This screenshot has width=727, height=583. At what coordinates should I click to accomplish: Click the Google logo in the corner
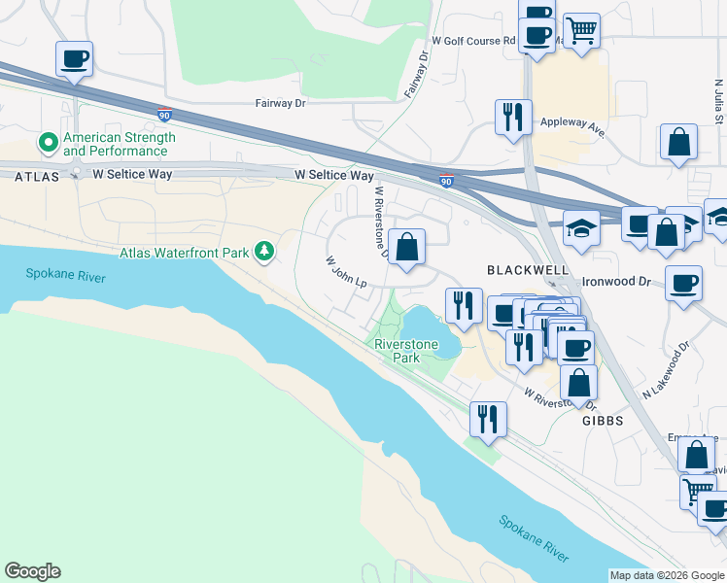point(32,571)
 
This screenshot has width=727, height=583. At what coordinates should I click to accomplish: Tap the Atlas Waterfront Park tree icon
point(263,253)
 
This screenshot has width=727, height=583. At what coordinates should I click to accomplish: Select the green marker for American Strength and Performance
point(48,144)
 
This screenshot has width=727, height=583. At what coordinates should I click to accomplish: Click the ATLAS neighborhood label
point(37,176)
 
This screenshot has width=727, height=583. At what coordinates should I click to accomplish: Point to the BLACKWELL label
point(524,268)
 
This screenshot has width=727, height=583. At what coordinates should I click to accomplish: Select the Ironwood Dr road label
point(615,281)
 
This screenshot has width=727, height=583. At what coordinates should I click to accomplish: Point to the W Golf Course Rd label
point(473,42)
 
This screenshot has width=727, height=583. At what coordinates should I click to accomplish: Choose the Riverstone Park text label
point(406,351)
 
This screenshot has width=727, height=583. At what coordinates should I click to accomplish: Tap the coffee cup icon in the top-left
point(75,59)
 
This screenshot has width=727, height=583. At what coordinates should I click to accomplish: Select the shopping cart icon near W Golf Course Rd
point(581,29)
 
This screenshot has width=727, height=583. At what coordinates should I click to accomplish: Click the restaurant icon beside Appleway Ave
point(511,117)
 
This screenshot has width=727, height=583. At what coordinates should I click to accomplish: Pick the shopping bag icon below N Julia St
point(678,141)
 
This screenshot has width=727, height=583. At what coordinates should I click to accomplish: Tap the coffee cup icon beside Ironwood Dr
point(684,283)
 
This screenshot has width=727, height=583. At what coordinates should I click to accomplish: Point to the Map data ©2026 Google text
point(667,575)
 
